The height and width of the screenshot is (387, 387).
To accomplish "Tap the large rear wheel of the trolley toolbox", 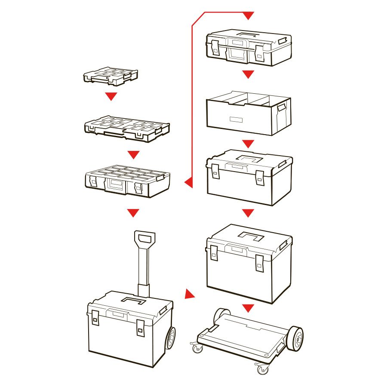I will [x=170, y=338].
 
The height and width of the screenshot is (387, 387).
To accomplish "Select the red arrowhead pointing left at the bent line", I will [x=188, y=183].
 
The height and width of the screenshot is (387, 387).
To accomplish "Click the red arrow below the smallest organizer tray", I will [x=111, y=96].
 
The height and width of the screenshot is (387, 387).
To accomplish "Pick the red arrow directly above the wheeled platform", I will [x=248, y=308].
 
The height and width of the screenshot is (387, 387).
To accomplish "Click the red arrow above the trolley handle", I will [x=134, y=212].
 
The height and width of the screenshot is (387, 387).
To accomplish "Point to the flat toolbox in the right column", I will [x=249, y=47].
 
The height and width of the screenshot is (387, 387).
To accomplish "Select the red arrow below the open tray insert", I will [x=248, y=144].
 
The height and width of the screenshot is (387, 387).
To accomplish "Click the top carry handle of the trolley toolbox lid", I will [x=134, y=300].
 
